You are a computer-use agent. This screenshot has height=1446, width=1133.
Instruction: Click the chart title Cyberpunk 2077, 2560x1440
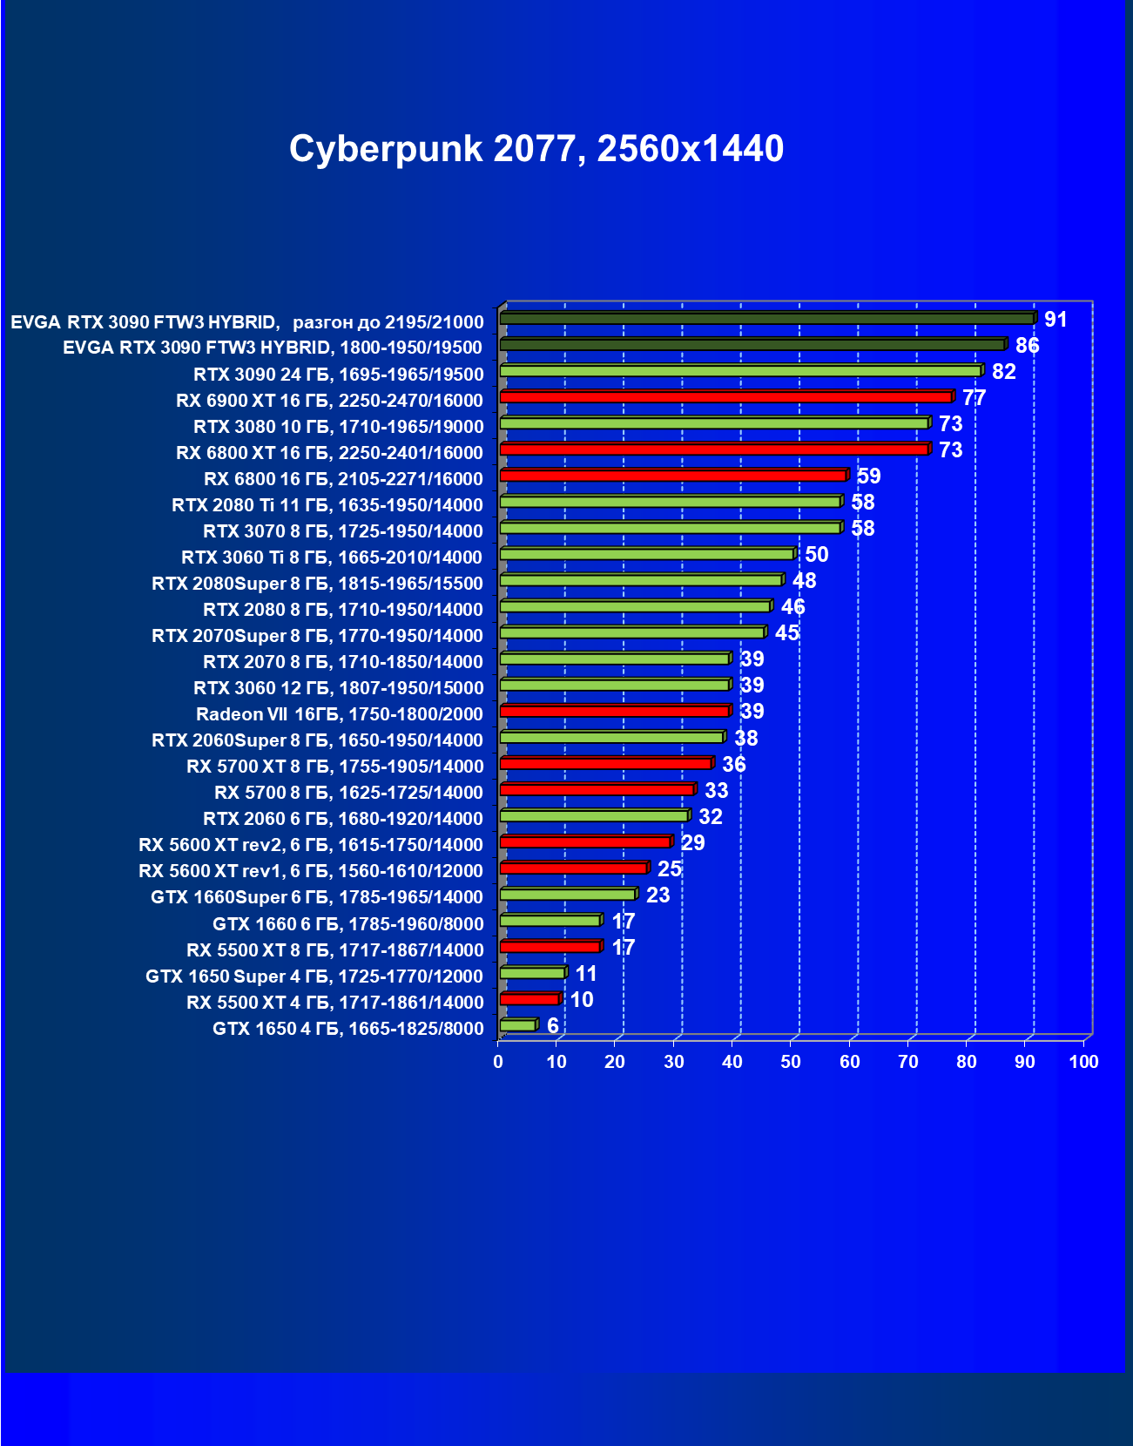click(x=536, y=149)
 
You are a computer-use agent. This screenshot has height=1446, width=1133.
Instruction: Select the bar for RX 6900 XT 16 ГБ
click(x=726, y=398)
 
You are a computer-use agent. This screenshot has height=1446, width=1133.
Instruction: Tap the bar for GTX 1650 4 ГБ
click(x=518, y=1025)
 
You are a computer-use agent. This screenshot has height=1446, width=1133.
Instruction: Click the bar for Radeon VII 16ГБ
click(x=615, y=712)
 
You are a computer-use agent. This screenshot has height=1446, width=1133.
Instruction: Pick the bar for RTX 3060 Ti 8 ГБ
click(x=647, y=555)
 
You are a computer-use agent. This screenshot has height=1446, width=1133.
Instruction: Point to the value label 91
click(x=1055, y=320)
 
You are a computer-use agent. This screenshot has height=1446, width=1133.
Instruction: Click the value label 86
click(x=1027, y=346)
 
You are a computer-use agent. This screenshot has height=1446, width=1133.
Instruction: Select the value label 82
click(x=1003, y=372)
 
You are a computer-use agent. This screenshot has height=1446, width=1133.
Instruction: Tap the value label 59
click(x=868, y=476)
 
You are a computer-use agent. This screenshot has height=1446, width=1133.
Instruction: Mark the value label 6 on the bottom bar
click(x=552, y=1026)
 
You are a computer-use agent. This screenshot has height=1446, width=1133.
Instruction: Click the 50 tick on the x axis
click(x=791, y=1062)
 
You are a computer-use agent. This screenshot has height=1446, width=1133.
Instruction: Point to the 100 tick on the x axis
click(x=1083, y=1062)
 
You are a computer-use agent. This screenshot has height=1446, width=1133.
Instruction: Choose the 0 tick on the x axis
click(x=498, y=1062)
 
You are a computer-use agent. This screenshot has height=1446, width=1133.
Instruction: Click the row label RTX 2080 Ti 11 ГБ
click(x=327, y=505)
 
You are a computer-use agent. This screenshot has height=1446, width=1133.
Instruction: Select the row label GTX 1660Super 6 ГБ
click(x=316, y=897)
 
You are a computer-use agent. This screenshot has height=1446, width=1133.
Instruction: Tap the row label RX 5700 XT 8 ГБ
click(x=334, y=767)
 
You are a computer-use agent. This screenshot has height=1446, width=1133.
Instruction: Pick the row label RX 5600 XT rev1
click(x=310, y=871)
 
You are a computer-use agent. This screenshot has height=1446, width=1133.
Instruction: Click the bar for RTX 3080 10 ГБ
click(x=715, y=424)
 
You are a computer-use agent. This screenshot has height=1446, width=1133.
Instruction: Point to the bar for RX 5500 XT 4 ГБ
click(x=529, y=999)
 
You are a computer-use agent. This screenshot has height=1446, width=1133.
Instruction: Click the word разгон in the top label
click(x=321, y=322)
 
